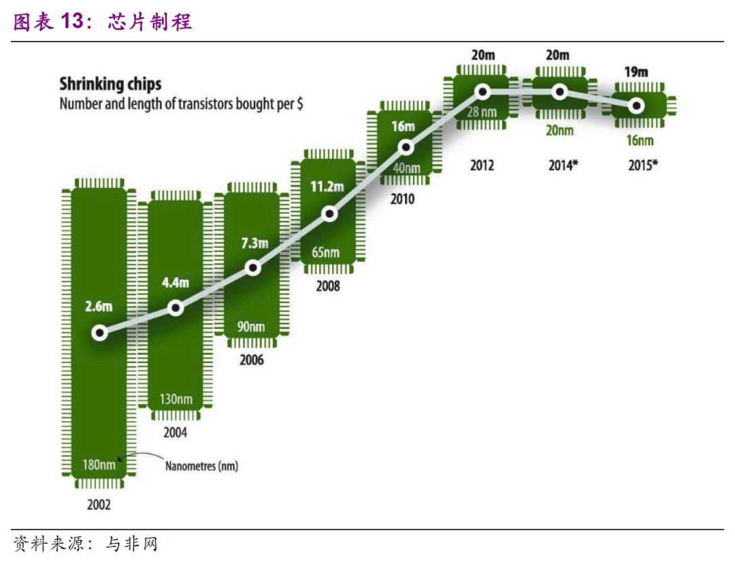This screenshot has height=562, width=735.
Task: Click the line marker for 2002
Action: pyautogui.click(x=100, y=333)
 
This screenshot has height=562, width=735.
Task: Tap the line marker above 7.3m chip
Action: pyautogui.click(x=253, y=268)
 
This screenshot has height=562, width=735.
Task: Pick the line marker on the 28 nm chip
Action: pyautogui.click(x=483, y=91)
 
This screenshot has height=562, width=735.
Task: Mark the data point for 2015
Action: pyautogui.click(x=636, y=106)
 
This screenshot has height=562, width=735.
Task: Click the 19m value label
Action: pyautogui.click(x=636, y=72)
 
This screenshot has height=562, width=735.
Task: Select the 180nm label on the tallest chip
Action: pyautogui.click(x=98, y=466)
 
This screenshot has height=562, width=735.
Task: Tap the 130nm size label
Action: pyautogui.click(x=176, y=399)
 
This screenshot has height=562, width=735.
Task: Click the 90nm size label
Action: pyautogui.click(x=250, y=326)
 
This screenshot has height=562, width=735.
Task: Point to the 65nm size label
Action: pyautogui.click(x=325, y=253)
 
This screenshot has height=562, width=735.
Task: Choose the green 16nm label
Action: pyautogui.click(x=637, y=141)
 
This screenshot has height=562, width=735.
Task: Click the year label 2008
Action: pyautogui.click(x=327, y=286)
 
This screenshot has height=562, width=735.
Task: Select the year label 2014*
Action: pyautogui.click(x=563, y=164)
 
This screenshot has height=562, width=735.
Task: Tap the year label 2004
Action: pyautogui.click(x=175, y=433)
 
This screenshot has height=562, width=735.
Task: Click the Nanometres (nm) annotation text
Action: pyautogui.click(x=203, y=467)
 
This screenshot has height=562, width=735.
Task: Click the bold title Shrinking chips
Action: pyautogui.click(x=110, y=84)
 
